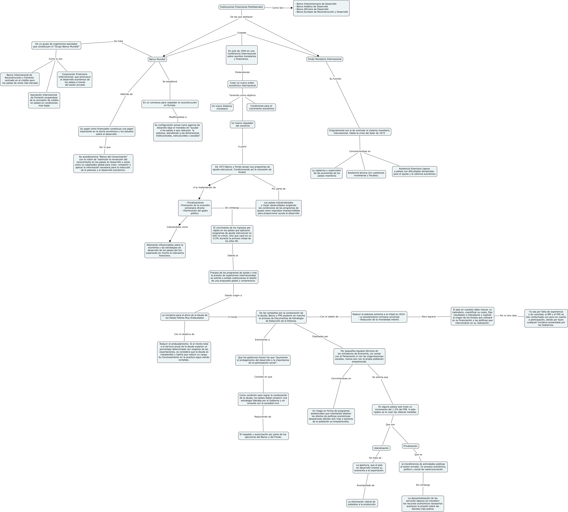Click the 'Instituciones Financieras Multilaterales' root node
tap(241, 7)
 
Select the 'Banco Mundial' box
tap(157, 59)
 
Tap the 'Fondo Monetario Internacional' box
tap(324, 59)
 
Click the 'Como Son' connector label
tap(278, 8)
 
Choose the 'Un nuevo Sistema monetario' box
tap(222, 107)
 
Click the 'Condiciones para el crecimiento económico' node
tap(261, 107)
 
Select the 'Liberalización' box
tap(381, 448)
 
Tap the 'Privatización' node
tap(410, 446)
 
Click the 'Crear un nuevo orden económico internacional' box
tap(242, 84)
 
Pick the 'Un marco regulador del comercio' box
tap(242, 124)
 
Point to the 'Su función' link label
tap(335, 79)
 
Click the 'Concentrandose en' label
tap(360, 151)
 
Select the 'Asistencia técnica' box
tap(366, 174)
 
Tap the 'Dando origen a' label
tap(233, 295)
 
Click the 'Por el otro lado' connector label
tap(508, 316)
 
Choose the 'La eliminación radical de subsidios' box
tap(362, 503)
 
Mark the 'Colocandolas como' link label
tap(177, 227)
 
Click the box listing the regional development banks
tap(321, 8)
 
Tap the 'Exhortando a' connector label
tap(262, 340)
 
